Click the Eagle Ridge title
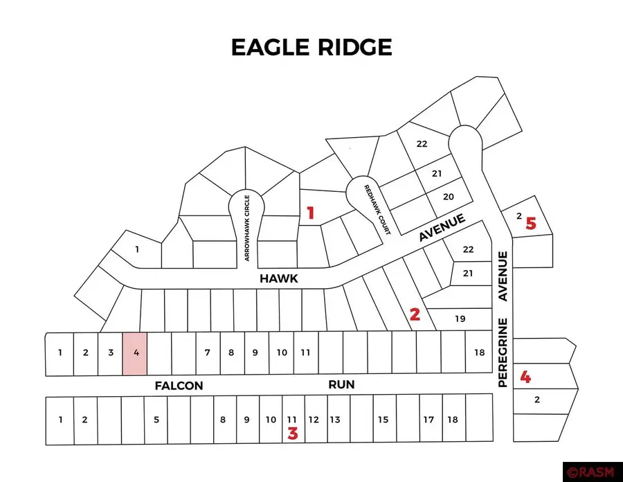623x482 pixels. (x=311, y=47)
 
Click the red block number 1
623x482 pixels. (x=311, y=213)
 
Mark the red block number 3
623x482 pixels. (x=293, y=434)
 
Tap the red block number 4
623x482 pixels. (x=526, y=377)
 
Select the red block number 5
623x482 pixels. (x=531, y=224)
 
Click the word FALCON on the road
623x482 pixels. (x=179, y=386)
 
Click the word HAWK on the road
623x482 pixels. (x=278, y=278)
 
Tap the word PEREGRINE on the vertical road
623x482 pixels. (x=503, y=352)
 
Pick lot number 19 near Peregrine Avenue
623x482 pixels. (x=460, y=319)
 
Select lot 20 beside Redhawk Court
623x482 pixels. (x=448, y=197)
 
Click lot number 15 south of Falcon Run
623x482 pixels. (x=383, y=420)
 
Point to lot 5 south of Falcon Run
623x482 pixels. (x=156, y=420)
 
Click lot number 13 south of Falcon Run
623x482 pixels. (x=334, y=420)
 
